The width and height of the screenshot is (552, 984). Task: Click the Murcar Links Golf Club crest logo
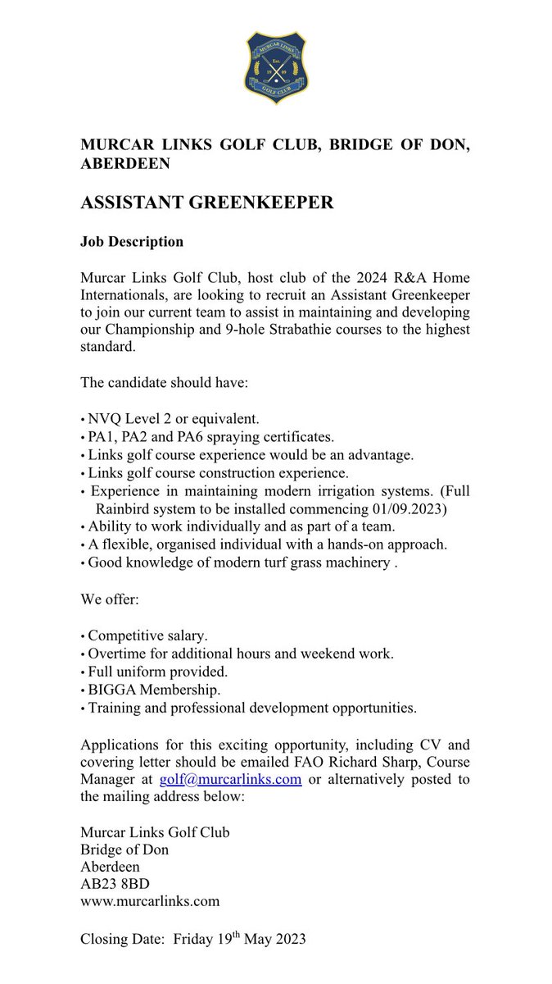276,67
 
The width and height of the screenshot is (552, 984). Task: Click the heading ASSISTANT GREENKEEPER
206,203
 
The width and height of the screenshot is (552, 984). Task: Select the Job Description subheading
132,242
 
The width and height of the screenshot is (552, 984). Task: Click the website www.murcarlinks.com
150,901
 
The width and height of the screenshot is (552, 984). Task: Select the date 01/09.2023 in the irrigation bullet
409,508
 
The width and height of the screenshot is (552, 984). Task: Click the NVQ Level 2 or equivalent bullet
173,419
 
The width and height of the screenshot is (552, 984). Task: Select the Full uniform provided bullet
152,671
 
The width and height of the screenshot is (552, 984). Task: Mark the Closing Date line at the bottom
193,940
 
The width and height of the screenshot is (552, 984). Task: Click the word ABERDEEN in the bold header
125,164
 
